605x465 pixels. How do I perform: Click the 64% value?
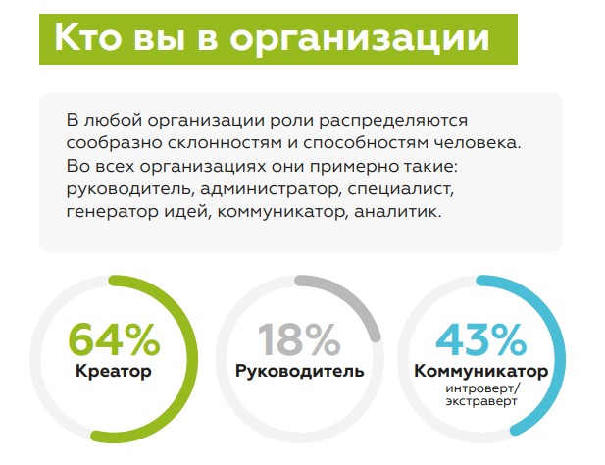tap(114, 339)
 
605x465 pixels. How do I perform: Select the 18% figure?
tap(299, 339)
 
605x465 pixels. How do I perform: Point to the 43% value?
tap(481, 339)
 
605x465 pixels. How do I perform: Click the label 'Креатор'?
tap(114, 372)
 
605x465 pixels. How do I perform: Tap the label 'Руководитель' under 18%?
tap(300, 372)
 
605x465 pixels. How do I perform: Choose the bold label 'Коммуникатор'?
tap(481, 372)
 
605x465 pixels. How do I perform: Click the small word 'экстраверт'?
tap(481, 401)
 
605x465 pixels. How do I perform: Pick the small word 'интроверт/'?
tap(482, 388)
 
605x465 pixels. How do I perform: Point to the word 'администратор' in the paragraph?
tap(269, 189)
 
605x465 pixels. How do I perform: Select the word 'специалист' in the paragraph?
tap(398, 189)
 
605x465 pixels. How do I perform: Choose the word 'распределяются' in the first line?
tap(393, 121)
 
